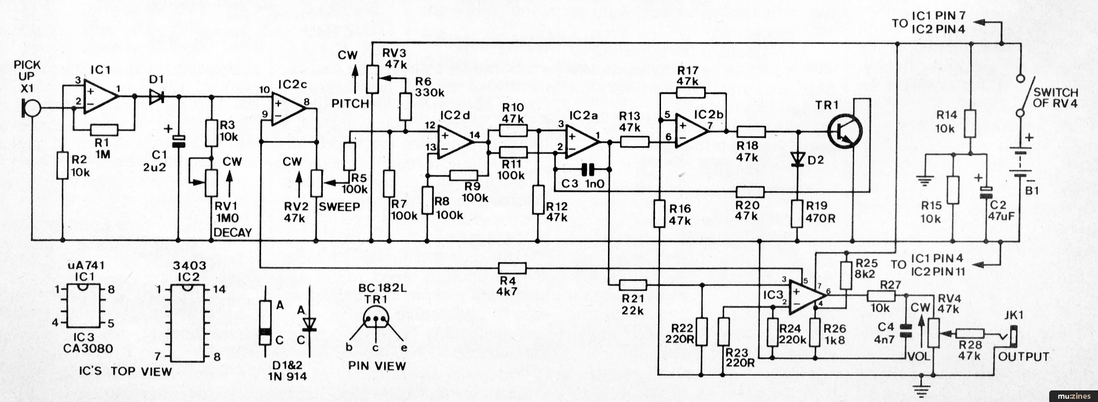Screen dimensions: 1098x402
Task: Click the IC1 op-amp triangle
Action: (x=100, y=97)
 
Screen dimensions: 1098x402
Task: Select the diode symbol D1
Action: (x=157, y=97)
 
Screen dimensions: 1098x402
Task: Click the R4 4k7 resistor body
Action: (x=512, y=268)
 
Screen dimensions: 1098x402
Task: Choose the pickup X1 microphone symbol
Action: (x=32, y=109)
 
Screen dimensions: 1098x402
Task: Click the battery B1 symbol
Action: (x=1020, y=163)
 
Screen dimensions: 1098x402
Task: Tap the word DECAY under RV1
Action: (x=233, y=232)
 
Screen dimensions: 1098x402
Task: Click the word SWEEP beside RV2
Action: (x=340, y=207)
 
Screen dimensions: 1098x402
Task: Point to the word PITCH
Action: (x=350, y=103)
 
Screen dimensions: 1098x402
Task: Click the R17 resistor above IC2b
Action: (x=691, y=92)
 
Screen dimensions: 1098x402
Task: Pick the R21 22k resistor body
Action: (x=633, y=285)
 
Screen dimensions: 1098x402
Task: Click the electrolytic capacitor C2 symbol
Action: (x=986, y=192)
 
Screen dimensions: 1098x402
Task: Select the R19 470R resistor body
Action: (x=797, y=213)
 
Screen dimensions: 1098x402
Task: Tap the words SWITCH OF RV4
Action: (x=1055, y=97)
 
